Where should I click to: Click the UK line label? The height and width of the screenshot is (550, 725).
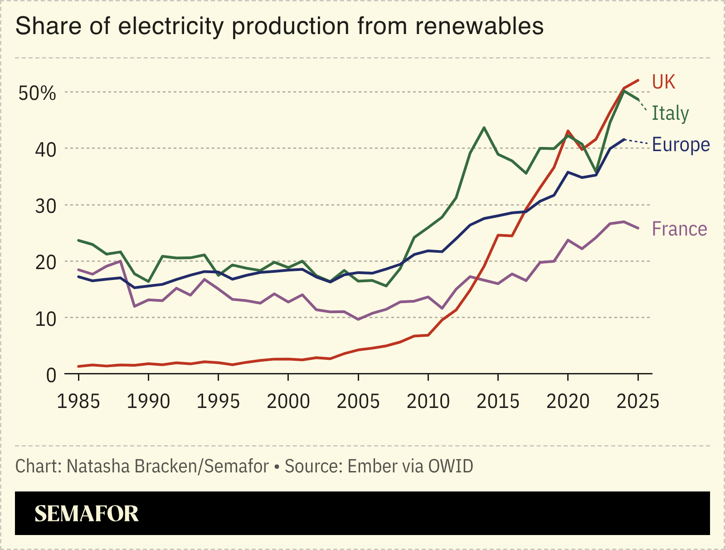tap(663, 82)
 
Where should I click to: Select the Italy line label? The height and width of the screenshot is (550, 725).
tap(670, 113)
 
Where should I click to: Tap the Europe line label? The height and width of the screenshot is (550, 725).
tap(681, 145)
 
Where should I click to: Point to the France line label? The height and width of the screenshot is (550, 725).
tap(679, 229)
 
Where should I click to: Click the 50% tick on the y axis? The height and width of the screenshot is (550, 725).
tap(37, 93)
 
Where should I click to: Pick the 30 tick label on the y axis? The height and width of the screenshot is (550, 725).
tap(45, 206)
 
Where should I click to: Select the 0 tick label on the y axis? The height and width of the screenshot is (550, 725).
tap(51, 375)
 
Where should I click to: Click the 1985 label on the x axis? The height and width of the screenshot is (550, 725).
tap(78, 402)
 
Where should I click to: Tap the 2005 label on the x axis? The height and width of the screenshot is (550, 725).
tap(358, 402)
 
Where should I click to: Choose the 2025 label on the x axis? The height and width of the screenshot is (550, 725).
tap(637, 402)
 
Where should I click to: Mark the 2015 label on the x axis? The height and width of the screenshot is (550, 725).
tap(498, 402)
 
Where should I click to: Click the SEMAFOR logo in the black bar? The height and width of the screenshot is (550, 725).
tap(87, 514)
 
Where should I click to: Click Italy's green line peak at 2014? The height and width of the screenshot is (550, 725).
tap(484, 128)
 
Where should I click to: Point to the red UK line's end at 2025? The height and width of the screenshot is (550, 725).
tap(638, 80)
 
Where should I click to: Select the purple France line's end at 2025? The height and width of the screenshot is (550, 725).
tap(638, 228)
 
